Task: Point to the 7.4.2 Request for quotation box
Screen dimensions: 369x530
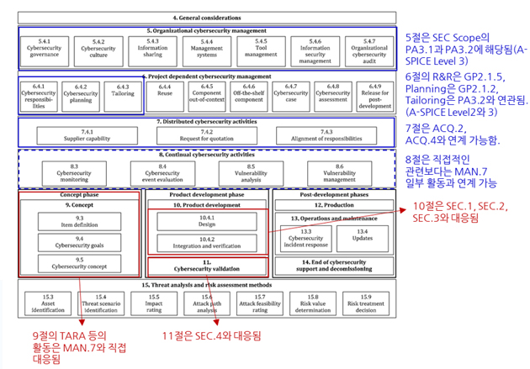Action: pyautogui.click(x=207, y=133)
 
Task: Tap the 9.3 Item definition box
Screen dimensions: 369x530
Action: pyautogui.click(x=80, y=221)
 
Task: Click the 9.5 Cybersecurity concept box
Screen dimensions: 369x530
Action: pyautogui.click(x=80, y=262)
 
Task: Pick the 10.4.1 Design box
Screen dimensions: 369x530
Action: pyautogui.click(x=207, y=221)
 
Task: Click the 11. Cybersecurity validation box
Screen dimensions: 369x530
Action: pyautogui.click(x=207, y=266)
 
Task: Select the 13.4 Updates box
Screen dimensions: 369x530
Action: pyautogui.click(x=363, y=235)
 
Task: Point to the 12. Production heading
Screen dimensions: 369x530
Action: pyautogui.click(x=335, y=204)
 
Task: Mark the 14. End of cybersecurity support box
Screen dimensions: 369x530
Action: pyautogui.click(x=335, y=266)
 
